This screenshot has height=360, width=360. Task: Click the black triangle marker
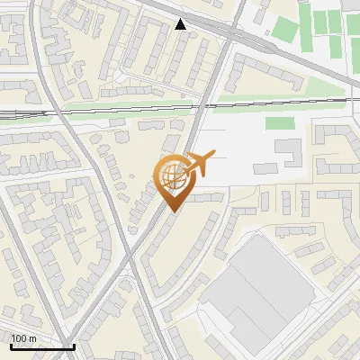coord(181,24)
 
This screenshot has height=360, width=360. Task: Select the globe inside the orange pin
coord(171,177)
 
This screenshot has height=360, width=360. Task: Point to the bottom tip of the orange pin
coord(171,212)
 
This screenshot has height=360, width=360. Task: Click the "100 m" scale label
coord(24,338)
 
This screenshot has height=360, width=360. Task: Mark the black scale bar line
coord(41,346)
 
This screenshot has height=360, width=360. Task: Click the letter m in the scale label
coord(33,338)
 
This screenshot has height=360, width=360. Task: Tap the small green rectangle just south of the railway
coord(280,122)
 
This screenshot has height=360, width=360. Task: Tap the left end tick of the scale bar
coord(11,346)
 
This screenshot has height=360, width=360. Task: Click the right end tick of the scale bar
coord(73,346)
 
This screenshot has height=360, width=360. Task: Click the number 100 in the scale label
coord(20,338)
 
